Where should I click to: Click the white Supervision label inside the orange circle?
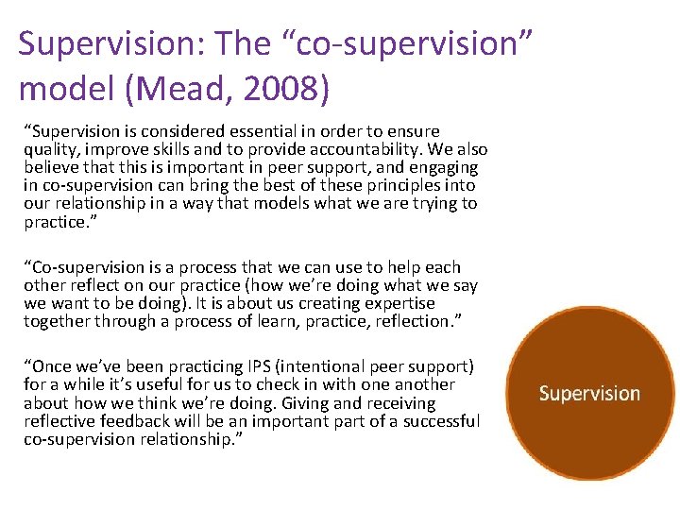589,394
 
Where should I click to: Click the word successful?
441,420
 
